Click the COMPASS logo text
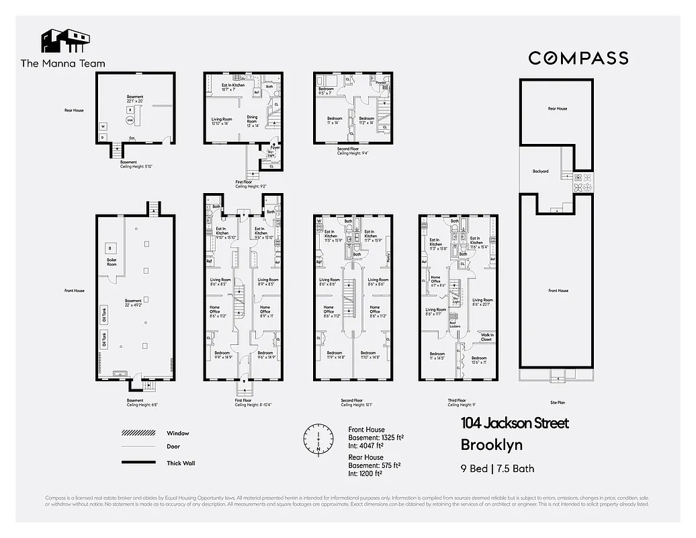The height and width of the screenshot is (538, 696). [x=578, y=58]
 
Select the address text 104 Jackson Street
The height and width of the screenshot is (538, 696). [x=515, y=424]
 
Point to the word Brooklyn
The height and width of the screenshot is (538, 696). [x=492, y=445]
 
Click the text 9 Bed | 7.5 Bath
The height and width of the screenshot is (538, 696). [x=498, y=469]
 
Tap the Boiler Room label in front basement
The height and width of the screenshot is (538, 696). [x=111, y=262]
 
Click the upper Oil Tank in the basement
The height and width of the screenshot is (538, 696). [x=104, y=313]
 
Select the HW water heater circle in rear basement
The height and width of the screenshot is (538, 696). [x=129, y=120]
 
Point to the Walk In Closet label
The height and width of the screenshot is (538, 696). [x=486, y=337]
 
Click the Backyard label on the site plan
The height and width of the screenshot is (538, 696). [x=541, y=171]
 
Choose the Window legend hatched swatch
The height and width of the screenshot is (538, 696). [x=138, y=433]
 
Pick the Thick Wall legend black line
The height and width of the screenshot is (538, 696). [x=138, y=463]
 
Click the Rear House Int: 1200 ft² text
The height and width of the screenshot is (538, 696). [x=365, y=473]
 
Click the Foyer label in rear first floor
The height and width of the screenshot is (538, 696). [x=275, y=147]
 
